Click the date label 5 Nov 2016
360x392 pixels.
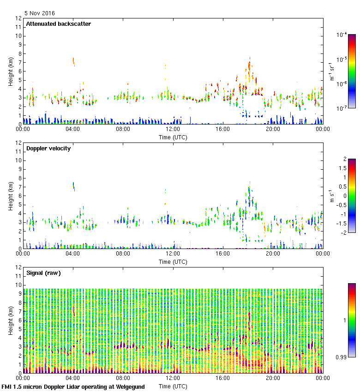(39, 13)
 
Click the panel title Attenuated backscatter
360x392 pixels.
(59, 24)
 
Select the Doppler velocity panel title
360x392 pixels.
(48, 148)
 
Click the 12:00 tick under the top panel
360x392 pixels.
(173, 130)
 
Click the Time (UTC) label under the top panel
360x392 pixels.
(173, 137)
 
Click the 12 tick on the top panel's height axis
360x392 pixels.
(18, 18)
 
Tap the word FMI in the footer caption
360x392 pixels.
(7, 387)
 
